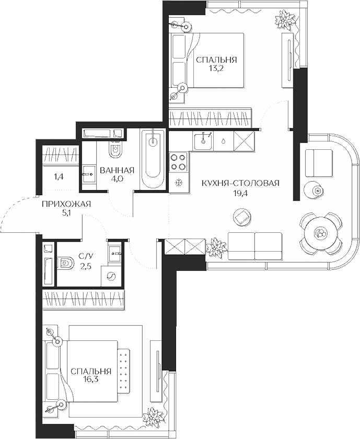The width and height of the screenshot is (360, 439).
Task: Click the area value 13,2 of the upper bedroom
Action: (216, 68)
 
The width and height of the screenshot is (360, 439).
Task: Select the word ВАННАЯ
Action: (117, 170)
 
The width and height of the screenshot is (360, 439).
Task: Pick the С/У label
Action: (86, 256)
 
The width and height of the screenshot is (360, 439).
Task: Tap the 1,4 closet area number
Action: (59, 177)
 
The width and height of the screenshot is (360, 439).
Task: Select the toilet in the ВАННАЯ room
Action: (115, 151)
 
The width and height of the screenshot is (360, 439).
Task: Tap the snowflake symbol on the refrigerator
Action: (178, 183)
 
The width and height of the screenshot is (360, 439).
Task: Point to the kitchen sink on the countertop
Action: (202, 140)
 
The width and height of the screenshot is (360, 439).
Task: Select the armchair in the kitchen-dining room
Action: (318, 162)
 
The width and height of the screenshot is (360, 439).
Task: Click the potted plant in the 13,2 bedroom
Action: (285, 21)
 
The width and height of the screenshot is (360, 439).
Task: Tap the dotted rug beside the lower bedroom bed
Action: (124, 370)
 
